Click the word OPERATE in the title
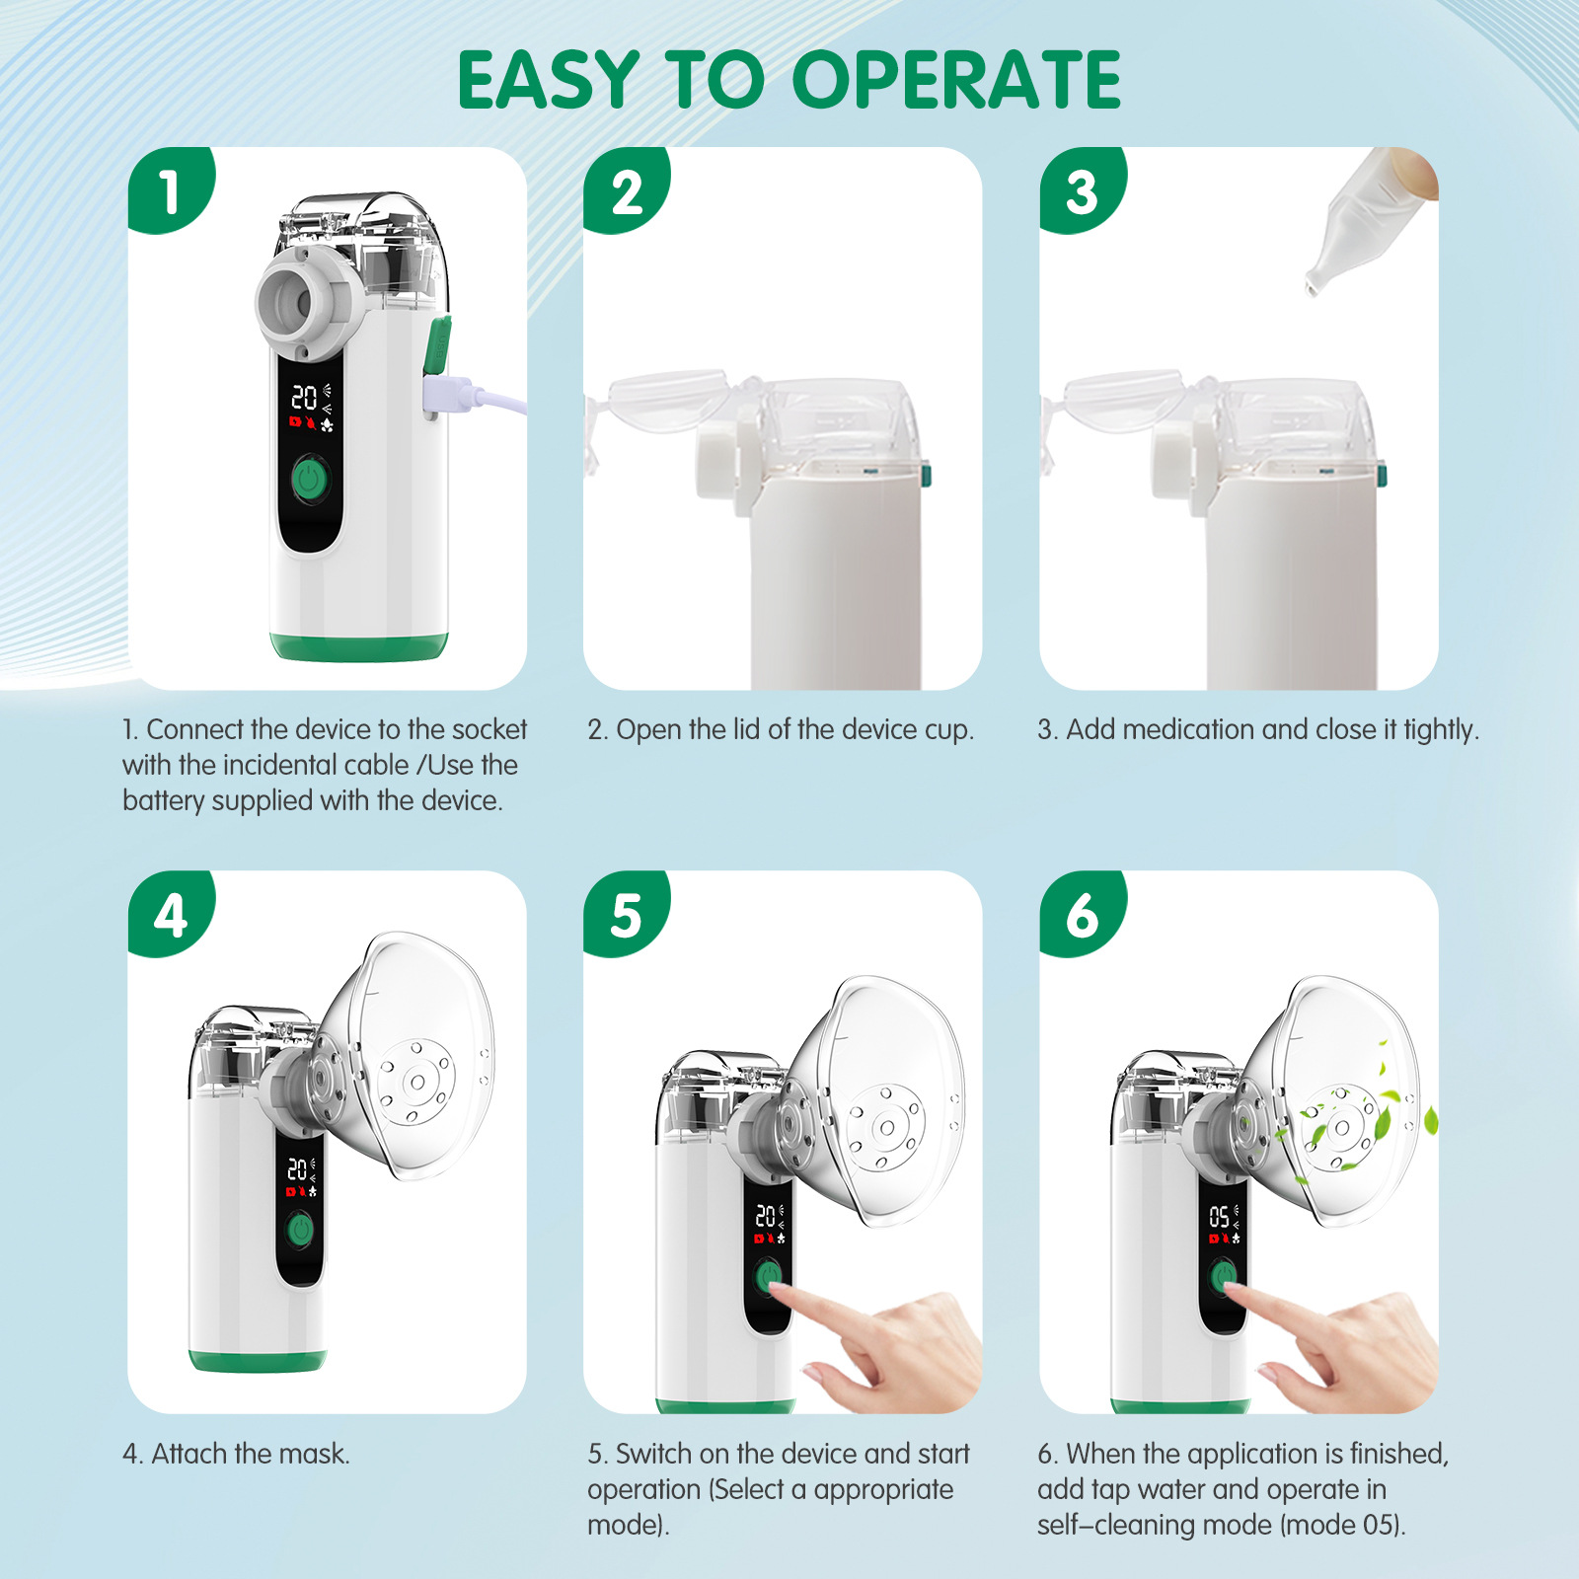pos(956,80)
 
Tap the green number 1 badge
pos(170,189)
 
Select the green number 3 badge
pos(1082,189)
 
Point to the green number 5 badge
pos(626,913)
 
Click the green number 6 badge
pos(1082,913)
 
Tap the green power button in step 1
pos(310,482)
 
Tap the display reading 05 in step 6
pos(1220,1217)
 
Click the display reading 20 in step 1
pos(304,398)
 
